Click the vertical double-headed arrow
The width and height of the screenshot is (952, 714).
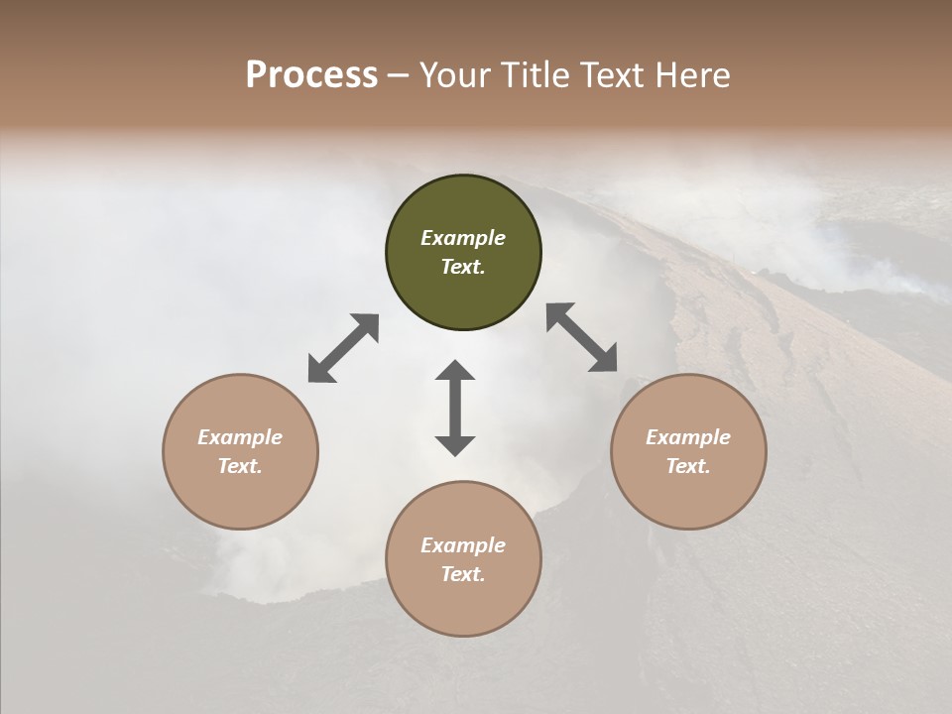coord(455,408)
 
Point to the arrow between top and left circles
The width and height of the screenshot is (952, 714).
coord(343,348)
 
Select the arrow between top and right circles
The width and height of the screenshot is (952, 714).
coord(581,337)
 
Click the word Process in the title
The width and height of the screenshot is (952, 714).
coord(311,75)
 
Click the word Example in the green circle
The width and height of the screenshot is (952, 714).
coord(463,238)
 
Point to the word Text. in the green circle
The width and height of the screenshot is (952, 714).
coord(463,267)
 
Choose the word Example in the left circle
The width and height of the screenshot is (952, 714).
coord(240,437)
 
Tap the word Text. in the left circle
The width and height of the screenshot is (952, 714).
coord(240,466)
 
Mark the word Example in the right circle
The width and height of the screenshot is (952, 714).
coord(688,437)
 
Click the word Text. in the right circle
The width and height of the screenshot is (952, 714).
coord(688,466)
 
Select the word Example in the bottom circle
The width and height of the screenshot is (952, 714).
coord(463,545)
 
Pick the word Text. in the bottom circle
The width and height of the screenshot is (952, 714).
coord(463,574)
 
